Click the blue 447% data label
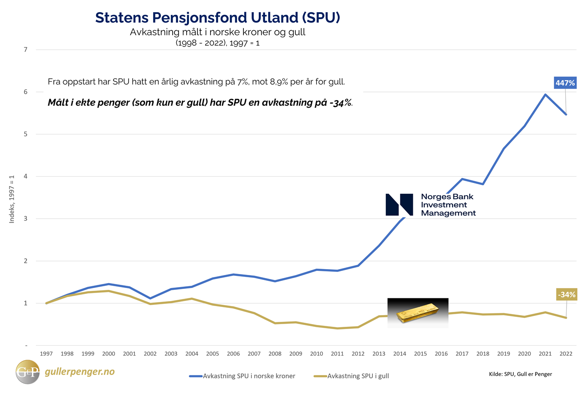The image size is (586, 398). click(x=566, y=83)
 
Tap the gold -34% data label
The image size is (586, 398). click(x=566, y=295)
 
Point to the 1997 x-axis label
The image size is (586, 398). click(x=46, y=354)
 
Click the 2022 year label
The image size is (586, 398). click(x=566, y=354)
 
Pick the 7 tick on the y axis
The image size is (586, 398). click(x=26, y=50)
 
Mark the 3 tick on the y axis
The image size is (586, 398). click(x=26, y=219)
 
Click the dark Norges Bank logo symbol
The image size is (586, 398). click(x=399, y=205)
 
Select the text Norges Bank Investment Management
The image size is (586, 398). click(x=448, y=205)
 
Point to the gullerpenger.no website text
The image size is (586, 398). click(x=80, y=372)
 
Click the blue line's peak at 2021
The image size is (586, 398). click(x=545, y=95)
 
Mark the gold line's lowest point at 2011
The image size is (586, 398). click(x=337, y=328)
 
